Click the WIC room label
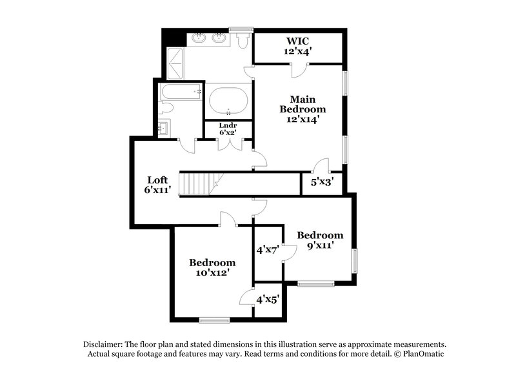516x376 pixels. (x=297, y=46)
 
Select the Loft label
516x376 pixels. (x=158, y=185)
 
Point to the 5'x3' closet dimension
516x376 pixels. (x=322, y=183)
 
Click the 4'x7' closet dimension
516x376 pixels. (x=267, y=250)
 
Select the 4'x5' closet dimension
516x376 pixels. (x=267, y=300)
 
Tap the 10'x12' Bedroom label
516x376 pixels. (x=212, y=268)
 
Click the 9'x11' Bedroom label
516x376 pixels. (x=319, y=240)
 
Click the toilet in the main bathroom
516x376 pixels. (x=243, y=41)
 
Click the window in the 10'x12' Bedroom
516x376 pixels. (x=214, y=320)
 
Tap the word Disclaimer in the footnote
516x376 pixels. (x=104, y=344)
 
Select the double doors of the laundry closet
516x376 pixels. (x=228, y=143)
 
